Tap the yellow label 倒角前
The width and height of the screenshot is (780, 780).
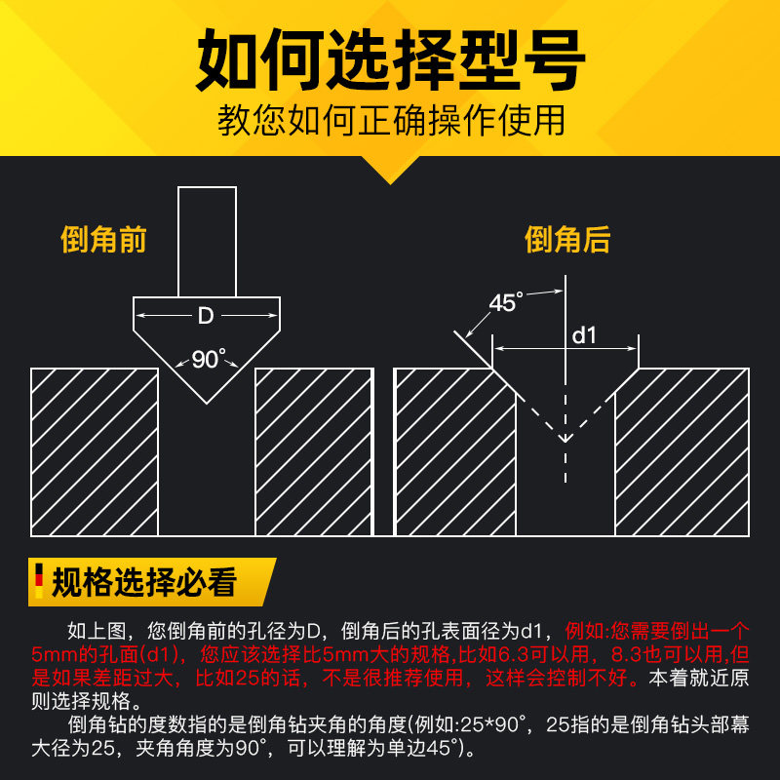(x=103, y=240)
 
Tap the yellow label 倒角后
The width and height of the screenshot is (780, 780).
(x=567, y=240)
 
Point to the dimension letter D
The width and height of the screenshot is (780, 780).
(x=206, y=316)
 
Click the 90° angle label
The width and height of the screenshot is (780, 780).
(x=207, y=359)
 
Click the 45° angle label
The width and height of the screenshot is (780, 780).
(x=506, y=302)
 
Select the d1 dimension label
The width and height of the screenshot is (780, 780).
(x=583, y=335)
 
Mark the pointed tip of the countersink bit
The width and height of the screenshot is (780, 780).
(x=207, y=401)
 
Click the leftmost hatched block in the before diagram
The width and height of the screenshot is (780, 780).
(x=95, y=451)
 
